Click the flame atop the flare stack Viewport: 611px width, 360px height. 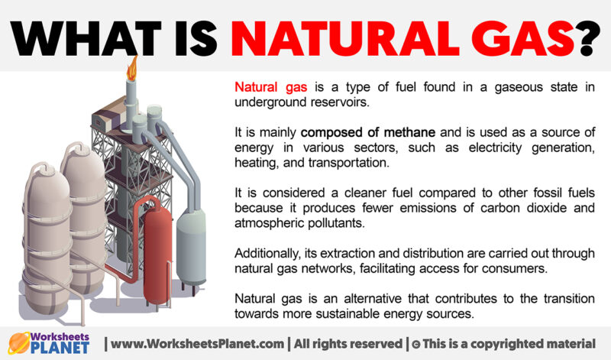point(132,67)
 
